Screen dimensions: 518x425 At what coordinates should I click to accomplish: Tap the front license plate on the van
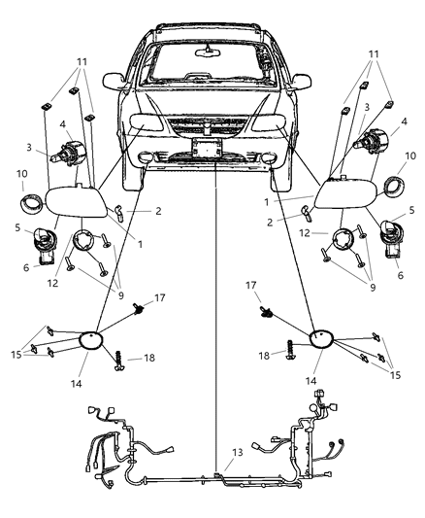pos(206,148)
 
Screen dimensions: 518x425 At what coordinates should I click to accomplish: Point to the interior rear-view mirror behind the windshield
pos(211,49)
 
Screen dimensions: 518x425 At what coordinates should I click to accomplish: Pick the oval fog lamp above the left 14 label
pos(95,339)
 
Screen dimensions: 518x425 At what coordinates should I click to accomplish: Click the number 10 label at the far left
pos(21,173)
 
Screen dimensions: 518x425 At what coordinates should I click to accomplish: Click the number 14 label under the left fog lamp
pos(84,385)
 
